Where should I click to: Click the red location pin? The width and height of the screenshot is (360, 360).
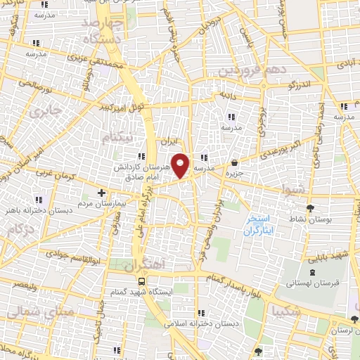[x=181, y=165]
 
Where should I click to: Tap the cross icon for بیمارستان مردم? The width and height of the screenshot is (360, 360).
[x=102, y=192]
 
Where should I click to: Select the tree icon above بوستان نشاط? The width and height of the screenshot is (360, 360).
[x=311, y=208]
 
